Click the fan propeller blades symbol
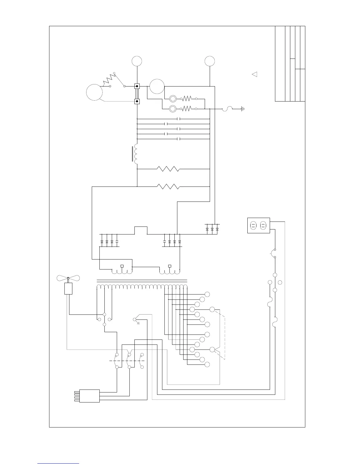pos(68,278)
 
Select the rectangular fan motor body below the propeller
pos(68,289)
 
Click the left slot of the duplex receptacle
pos(253,226)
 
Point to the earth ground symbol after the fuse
pos(243,109)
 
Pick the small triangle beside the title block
pos(255,74)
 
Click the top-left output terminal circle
pos(137,61)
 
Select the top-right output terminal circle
pos(210,61)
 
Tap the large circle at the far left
pos(94,92)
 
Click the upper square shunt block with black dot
pos(137,86)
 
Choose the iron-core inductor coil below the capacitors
pos(136,154)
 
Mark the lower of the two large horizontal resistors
pos(168,187)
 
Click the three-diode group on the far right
pos(212,229)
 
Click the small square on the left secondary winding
pos(122,266)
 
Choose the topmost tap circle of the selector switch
pos(207,294)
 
